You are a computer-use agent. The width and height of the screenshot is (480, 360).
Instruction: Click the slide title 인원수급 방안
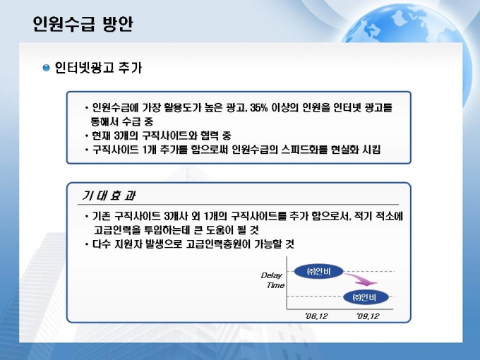83,24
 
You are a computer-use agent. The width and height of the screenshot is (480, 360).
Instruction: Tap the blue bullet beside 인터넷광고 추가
46,68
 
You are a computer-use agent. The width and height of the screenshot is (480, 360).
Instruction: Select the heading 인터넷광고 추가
98,68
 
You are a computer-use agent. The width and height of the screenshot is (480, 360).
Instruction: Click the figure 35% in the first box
258,108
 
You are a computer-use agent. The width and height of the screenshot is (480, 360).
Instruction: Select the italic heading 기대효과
109,196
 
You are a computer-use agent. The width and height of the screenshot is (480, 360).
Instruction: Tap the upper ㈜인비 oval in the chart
318,271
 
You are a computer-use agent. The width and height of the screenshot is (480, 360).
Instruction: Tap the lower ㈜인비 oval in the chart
366,297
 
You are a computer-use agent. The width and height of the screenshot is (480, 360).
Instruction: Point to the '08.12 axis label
316,316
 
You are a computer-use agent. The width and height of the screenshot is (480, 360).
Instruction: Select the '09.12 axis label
368,316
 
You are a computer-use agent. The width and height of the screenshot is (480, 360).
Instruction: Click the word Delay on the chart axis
271,275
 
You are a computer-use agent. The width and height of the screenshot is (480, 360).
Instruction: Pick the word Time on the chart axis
275,285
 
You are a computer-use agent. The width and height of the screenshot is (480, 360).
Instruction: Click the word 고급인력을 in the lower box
117,230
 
